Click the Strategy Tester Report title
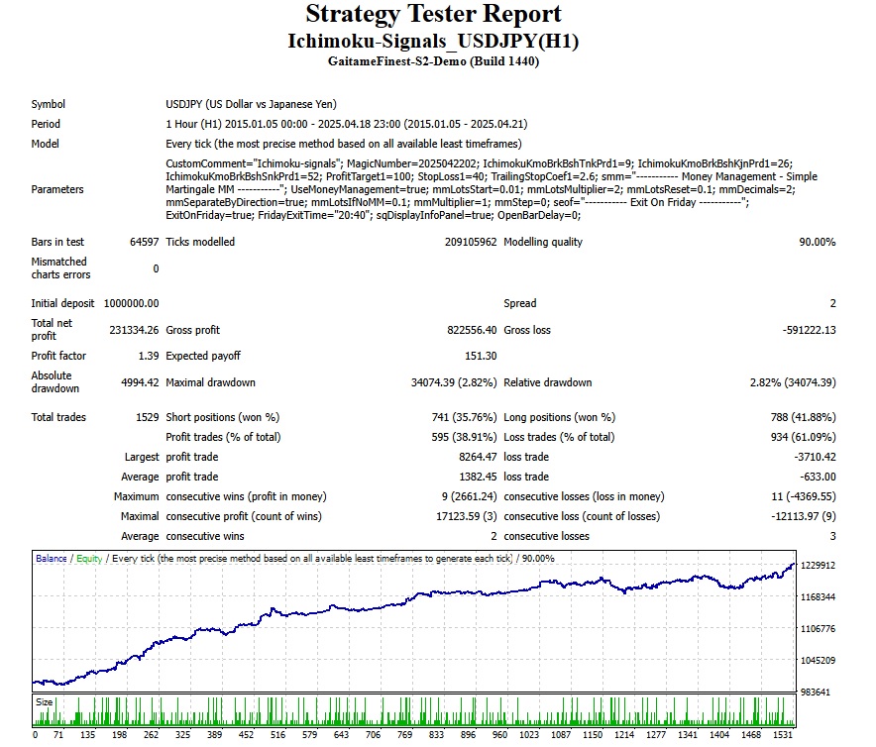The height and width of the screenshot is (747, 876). (433, 15)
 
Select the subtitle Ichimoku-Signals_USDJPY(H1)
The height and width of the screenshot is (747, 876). (433, 42)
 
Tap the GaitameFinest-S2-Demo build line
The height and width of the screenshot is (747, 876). (433, 60)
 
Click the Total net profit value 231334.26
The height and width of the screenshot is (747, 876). (134, 330)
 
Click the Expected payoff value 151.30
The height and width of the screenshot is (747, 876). (480, 356)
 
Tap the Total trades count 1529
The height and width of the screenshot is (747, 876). (147, 417)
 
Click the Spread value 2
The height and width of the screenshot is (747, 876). (832, 303)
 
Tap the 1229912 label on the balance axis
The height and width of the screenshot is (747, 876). (820, 566)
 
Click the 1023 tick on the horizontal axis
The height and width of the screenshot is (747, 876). (531, 736)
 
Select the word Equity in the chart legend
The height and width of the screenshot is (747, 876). (88, 559)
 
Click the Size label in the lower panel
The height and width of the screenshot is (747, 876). (46, 701)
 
